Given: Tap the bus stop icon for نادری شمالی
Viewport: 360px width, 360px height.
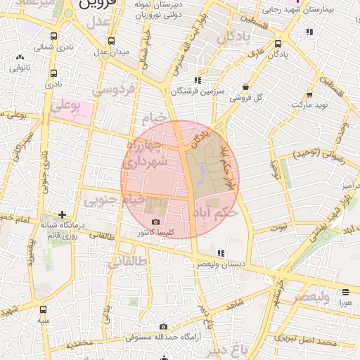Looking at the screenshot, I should coord(53,37).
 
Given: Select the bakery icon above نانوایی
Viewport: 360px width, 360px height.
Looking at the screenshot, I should coord(19,58).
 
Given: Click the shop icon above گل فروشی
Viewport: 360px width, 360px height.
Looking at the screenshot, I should coord(245,86).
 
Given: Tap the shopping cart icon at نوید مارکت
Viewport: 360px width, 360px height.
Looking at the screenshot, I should coord(311,94).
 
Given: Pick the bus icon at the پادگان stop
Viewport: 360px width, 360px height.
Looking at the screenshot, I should coord(278,44).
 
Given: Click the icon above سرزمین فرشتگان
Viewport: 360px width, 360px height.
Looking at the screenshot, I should coord(198,80).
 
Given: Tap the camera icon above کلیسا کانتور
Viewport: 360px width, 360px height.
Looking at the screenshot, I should coord(155,222).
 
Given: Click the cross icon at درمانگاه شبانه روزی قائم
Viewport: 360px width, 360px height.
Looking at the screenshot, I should coord(63,214).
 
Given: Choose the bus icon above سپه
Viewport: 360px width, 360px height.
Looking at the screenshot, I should coord(44,309).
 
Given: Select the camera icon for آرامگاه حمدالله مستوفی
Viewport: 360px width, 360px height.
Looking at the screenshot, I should coord(164,326).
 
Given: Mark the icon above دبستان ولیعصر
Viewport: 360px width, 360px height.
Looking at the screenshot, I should coord(221,252).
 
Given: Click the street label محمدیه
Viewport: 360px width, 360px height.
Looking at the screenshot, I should coord(75,342).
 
